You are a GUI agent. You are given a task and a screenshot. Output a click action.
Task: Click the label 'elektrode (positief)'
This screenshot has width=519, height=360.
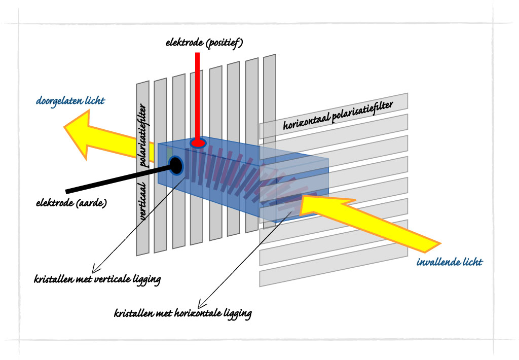(x=204, y=43)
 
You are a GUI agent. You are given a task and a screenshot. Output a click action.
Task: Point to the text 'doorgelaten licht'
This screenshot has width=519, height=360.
(x=70, y=101)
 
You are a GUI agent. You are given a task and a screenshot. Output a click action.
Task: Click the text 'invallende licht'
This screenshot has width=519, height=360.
(x=449, y=262)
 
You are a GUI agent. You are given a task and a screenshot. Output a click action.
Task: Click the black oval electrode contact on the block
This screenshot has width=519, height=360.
(x=176, y=164)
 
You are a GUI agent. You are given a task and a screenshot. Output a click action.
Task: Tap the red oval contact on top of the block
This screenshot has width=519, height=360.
(x=198, y=143)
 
